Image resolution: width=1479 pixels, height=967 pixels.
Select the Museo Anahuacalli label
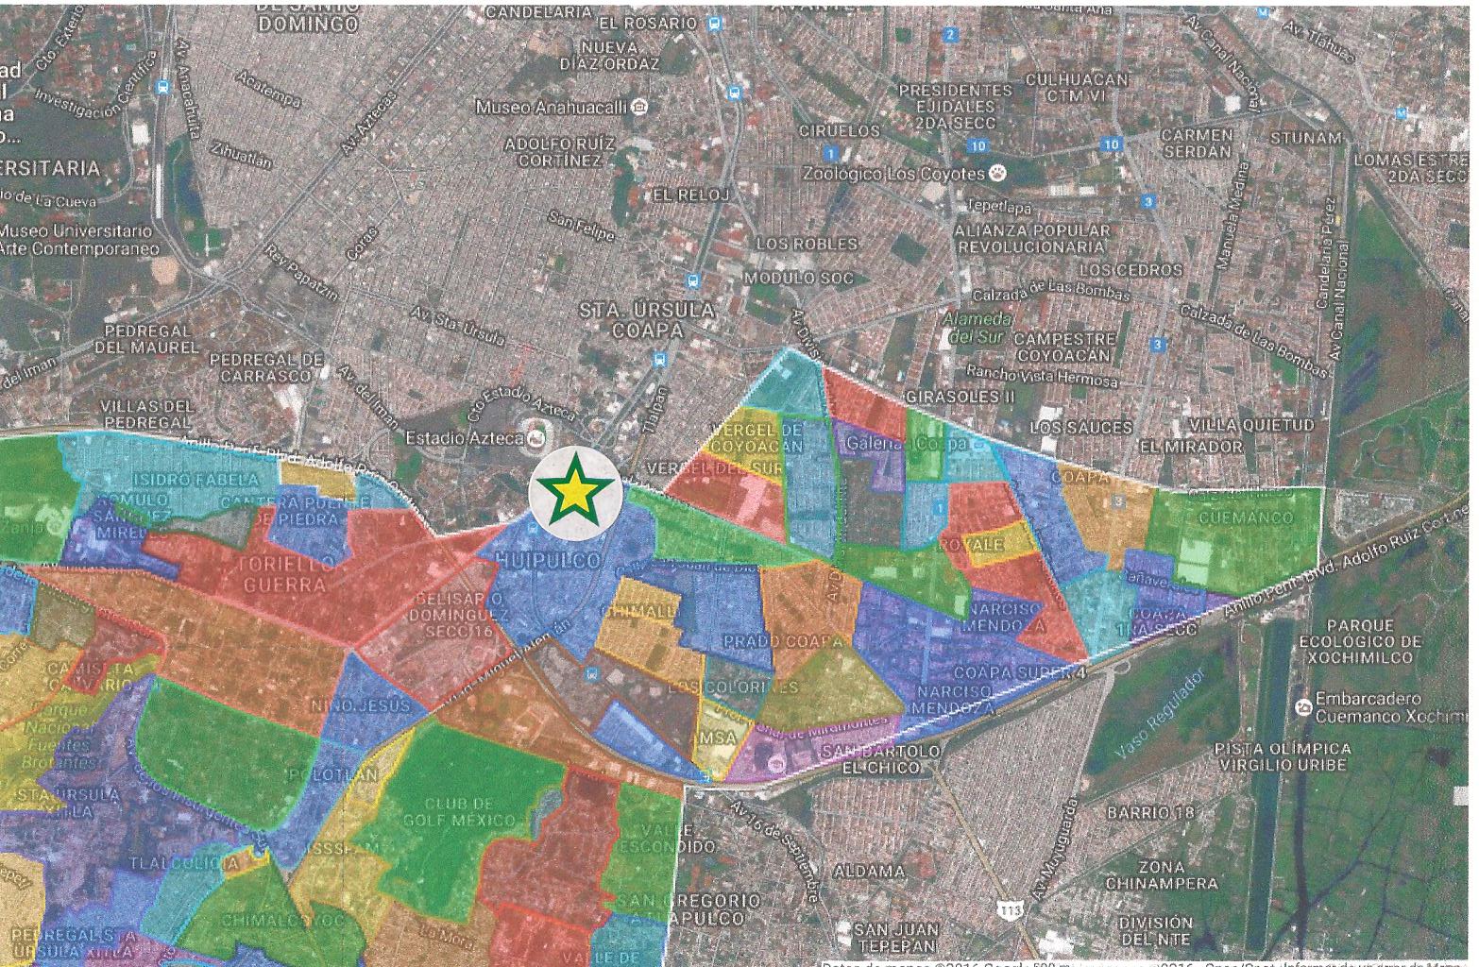coord(552,108)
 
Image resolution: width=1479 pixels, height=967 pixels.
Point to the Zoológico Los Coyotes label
coord(892,174)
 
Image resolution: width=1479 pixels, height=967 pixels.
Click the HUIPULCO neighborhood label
coord(547,561)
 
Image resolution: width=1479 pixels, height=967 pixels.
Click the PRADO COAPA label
coord(782,642)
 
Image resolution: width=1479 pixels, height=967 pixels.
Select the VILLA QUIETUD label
coord(1251,426)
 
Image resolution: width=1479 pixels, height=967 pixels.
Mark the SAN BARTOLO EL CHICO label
coord(880,759)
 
